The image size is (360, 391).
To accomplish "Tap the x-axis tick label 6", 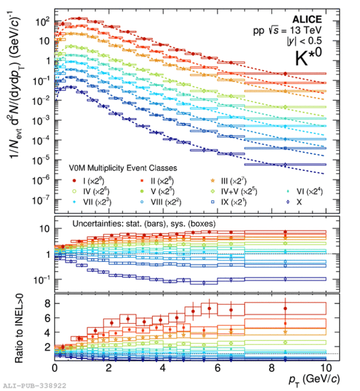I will (217, 368).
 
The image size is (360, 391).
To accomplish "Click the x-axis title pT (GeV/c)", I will (305, 380).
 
